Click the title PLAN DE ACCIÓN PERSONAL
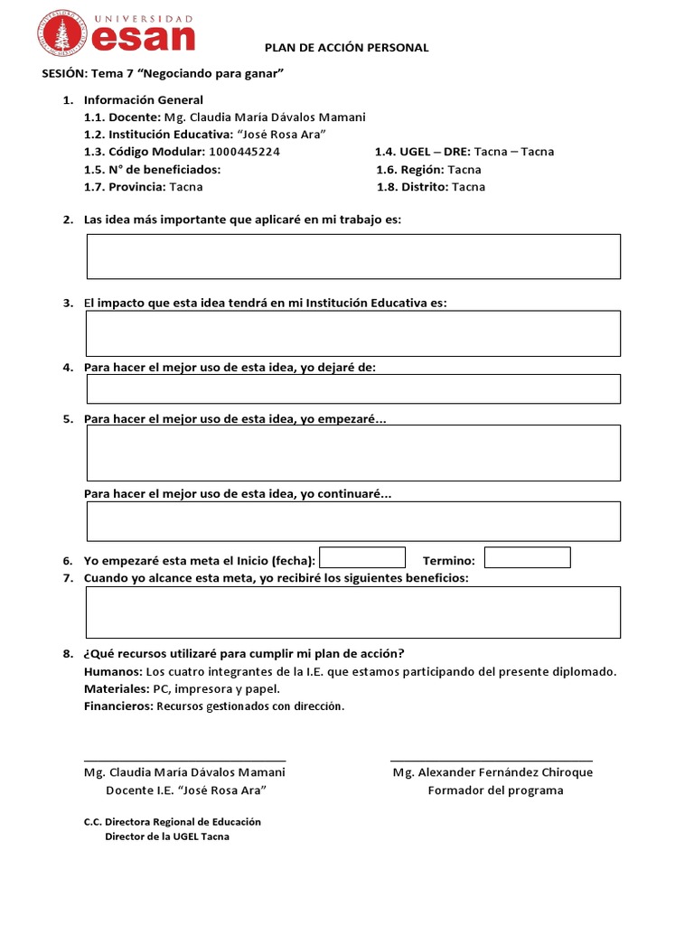[x=346, y=47]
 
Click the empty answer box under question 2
[x=353, y=257]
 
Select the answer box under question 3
[x=353, y=333]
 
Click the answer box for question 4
[x=353, y=388]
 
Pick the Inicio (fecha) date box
[x=362, y=557]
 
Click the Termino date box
[x=528, y=557]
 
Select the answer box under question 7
[x=353, y=612]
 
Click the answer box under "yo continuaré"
[x=353, y=521]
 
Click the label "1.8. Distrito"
[x=411, y=187]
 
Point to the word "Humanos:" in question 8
[x=113, y=671]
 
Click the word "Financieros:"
[x=118, y=706]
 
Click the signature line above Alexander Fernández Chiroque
[x=492, y=761]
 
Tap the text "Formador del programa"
[x=495, y=790]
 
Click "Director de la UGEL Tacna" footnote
[x=167, y=836]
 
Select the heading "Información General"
[x=144, y=100]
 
